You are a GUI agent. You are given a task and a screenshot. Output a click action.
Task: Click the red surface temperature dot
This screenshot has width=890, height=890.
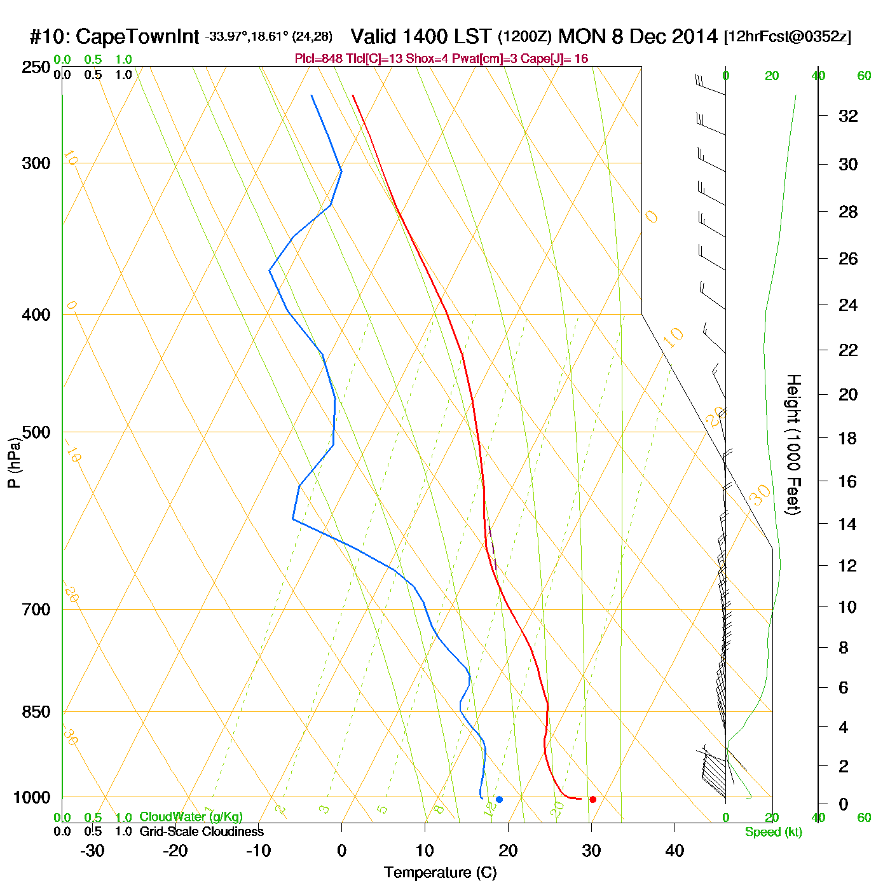pos(592,799)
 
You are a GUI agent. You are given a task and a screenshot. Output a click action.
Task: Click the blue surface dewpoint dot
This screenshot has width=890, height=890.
pos(499,799)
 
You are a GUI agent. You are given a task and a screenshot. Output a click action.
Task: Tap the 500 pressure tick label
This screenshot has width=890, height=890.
pos(36,432)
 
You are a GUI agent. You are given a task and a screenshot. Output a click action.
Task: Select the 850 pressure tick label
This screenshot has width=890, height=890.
pos(36,712)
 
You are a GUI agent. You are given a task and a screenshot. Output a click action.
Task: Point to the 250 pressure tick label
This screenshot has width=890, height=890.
pos(36,67)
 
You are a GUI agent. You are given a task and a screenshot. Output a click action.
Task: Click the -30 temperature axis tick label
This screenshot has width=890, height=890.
pos(92,851)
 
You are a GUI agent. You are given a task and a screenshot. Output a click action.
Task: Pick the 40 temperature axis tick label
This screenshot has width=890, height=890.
pos(674,851)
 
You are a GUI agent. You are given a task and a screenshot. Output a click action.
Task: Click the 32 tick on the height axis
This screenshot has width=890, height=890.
pos(848,116)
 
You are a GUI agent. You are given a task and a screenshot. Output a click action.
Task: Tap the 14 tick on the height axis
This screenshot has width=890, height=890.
pos(847,524)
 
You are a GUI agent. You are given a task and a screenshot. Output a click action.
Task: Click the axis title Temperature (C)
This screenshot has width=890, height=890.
pos(440,873)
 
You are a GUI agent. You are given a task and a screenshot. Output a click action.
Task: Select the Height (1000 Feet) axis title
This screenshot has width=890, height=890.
pos(793,444)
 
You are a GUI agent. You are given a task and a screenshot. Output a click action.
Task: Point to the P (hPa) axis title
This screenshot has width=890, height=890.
pos(14,463)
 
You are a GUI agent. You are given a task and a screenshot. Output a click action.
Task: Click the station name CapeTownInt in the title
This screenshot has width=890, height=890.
pos(137,37)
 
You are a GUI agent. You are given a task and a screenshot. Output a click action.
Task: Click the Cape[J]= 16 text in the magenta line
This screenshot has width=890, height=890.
pos(554,59)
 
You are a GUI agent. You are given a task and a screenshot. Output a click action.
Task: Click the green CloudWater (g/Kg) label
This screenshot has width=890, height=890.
pos(191,817)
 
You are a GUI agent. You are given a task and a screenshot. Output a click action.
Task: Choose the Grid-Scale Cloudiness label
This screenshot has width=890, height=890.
pos(202,832)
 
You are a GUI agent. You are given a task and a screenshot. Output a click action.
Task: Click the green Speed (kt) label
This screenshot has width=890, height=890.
pos(773,832)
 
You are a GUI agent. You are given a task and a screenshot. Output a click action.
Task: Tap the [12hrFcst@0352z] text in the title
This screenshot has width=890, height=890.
pos(788,37)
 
